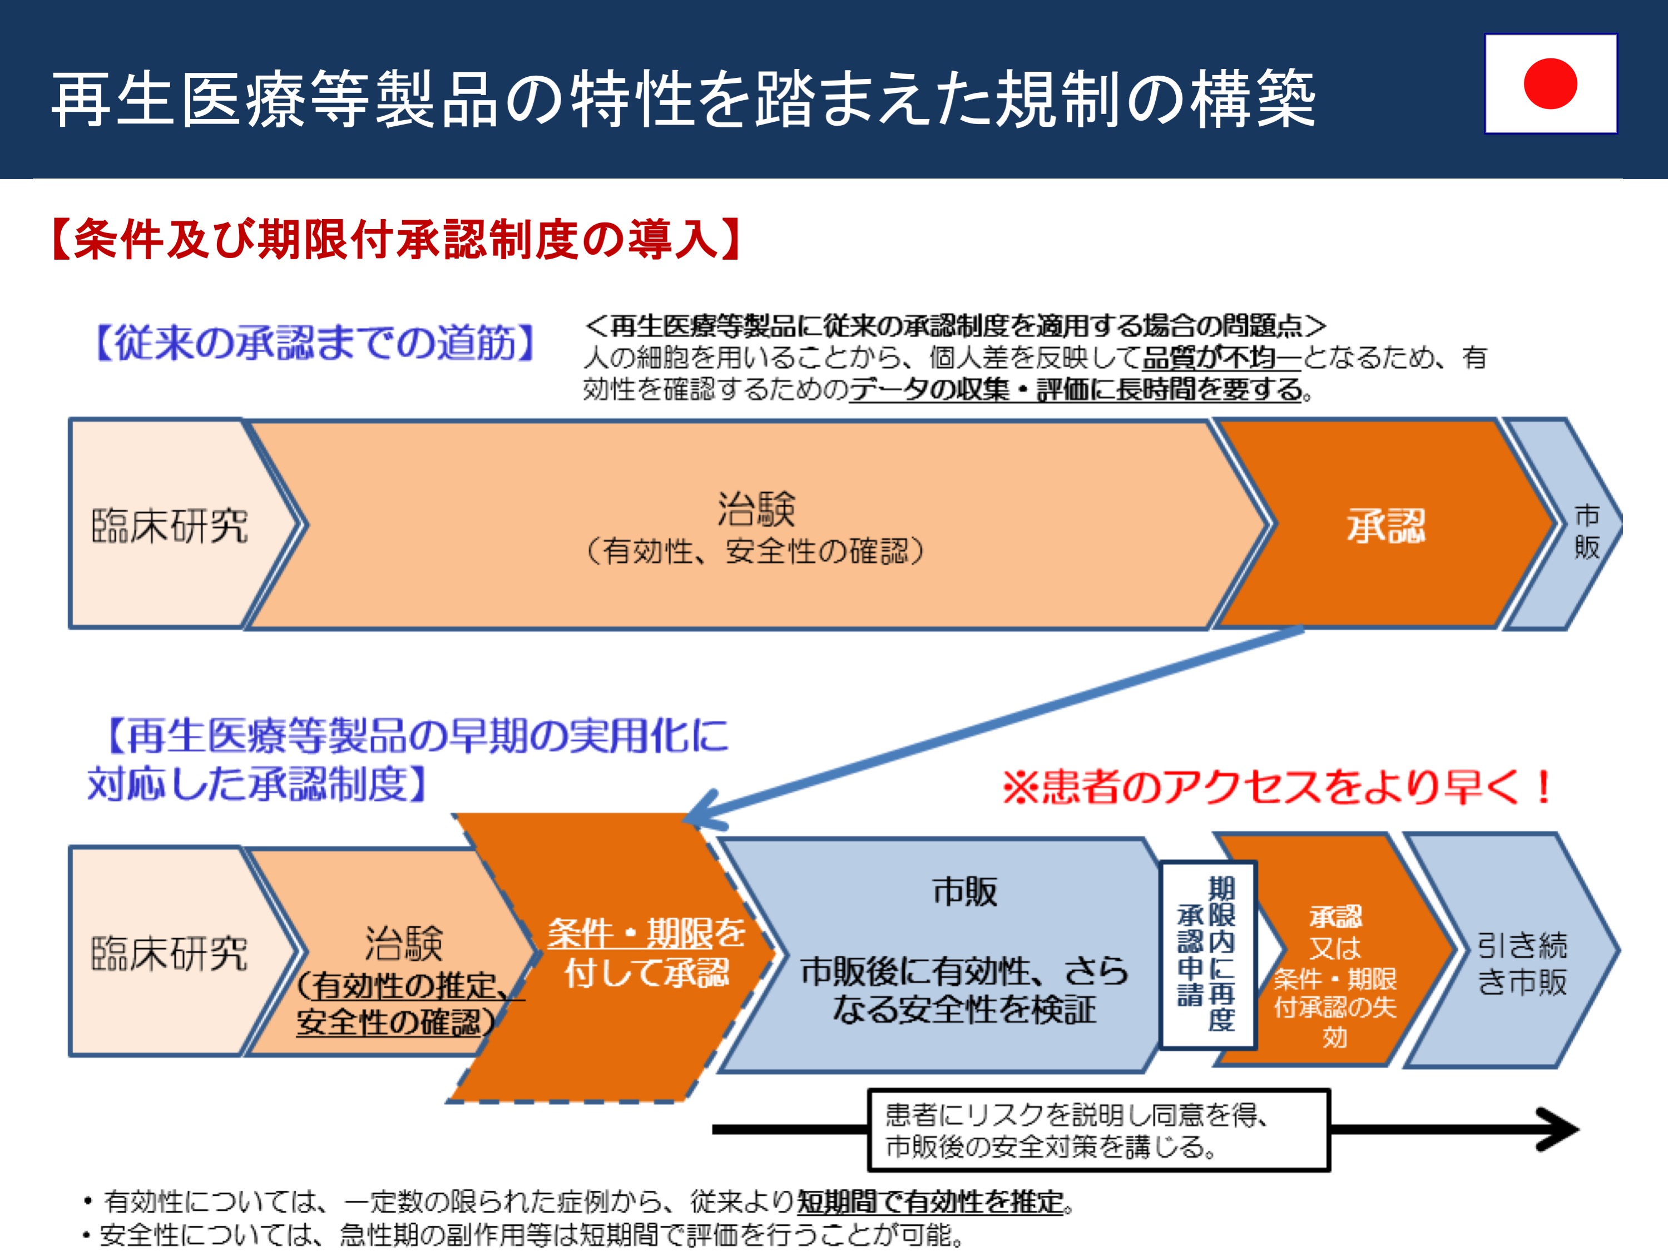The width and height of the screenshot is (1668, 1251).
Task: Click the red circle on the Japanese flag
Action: click(x=1550, y=83)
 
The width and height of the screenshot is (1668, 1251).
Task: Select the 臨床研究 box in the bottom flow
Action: click(x=170, y=952)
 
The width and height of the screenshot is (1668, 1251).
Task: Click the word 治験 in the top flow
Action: click(x=756, y=508)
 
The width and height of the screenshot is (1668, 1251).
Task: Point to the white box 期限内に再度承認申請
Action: click(x=1207, y=955)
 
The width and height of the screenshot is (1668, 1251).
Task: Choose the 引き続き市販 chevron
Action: click(x=1516, y=950)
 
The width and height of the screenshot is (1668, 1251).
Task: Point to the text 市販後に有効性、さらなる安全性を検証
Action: click(x=964, y=990)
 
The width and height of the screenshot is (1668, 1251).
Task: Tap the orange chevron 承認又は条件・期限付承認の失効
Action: click(x=1335, y=950)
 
